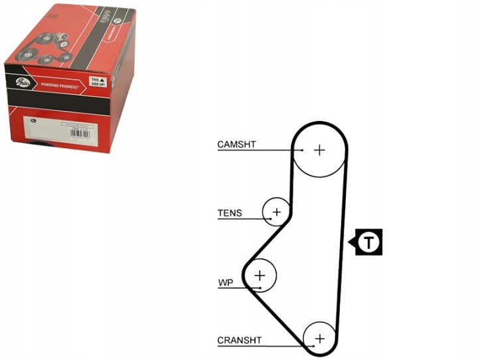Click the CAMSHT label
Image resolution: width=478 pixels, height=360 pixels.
tap(236, 144)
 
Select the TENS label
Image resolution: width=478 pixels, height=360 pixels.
tap(230, 213)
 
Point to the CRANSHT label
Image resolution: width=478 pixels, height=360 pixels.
tap(239, 341)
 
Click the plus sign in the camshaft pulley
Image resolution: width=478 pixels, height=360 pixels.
tap(320, 150)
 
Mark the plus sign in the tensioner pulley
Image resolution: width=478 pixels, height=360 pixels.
tap(277, 213)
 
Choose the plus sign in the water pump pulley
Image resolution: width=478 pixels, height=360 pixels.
tap(260, 274)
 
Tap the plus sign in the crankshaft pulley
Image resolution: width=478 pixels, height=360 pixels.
tap(320, 339)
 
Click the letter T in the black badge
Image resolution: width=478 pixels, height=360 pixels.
tap(369, 242)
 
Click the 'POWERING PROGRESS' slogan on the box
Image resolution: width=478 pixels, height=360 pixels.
tap(60, 86)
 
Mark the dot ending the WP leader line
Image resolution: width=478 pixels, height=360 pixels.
tap(257, 288)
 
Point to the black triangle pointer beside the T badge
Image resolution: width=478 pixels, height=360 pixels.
tap(353, 242)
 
